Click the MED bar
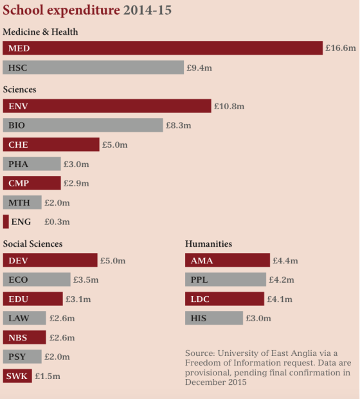coord(163,48)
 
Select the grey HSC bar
coord(93,67)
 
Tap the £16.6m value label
coord(341,48)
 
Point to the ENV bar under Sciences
coord(107,106)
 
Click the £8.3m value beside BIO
coord(179,125)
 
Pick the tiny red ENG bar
coord(6,222)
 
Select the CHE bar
coord(51,145)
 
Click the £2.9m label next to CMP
coord(76,183)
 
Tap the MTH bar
coord(22,202)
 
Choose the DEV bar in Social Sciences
coord(50,260)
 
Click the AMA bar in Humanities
coord(228,260)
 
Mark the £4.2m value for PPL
coord(282,279)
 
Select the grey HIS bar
coord(214,318)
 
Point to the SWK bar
coord(17,376)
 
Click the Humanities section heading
coord(208,244)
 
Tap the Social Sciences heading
coord(33,244)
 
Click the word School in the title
coord(23,10)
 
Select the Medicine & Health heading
coord(40,32)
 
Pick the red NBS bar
coord(24,337)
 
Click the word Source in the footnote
coord(200,353)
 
